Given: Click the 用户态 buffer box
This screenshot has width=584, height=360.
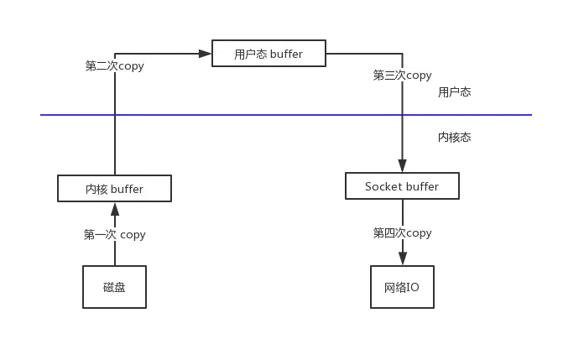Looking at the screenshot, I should (268, 55).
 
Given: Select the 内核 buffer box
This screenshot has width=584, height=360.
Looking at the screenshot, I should (114, 190).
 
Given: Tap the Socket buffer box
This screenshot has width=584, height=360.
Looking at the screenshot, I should (402, 186).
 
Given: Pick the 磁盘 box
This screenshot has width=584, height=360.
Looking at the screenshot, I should (114, 287).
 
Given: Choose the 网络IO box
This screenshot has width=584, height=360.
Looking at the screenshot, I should (402, 287).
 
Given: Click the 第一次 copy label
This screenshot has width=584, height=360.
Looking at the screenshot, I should (114, 234).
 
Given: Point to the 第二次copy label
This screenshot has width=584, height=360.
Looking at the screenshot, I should (114, 66).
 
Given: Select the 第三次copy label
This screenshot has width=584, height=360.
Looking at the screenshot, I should (402, 76).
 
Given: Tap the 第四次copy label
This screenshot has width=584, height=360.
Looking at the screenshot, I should (402, 233).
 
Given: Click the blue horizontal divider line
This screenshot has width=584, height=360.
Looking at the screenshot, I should (252, 116).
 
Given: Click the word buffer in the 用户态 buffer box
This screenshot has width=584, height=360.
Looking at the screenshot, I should (286, 55).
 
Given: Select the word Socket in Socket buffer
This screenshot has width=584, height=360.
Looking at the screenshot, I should (383, 186).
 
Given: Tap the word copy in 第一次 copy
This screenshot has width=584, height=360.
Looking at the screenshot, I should (133, 234).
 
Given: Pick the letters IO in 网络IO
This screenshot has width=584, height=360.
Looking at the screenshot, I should (414, 287).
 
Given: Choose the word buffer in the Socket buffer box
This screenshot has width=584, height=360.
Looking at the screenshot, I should (422, 186).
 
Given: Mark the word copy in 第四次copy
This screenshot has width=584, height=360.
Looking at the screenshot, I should (419, 233).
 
